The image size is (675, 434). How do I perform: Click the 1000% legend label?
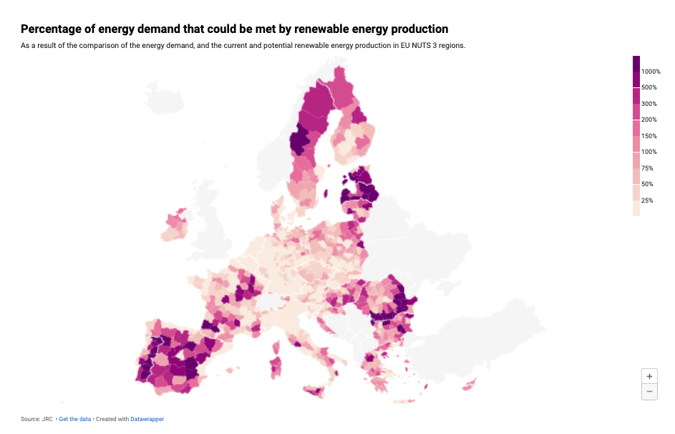(x=651, y=72)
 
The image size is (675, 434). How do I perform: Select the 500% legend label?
(x=649, y=87)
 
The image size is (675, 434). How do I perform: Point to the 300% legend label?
(x=649, y=104)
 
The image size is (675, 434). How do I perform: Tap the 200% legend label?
(x=649, y=120)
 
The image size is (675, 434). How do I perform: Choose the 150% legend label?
(x=649, y=136)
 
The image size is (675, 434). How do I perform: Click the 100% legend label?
(x=649, y=152)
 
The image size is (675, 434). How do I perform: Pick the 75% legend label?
(x=648, y=168)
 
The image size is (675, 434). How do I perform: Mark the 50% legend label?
(x=648, y=184)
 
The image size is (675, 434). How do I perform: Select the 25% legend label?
(x=648, y=201)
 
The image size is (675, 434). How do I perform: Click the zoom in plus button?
(x=649, y=376)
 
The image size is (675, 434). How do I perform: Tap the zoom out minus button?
(x=649, y=392)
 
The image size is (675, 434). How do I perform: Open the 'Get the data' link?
(x=75, y=419)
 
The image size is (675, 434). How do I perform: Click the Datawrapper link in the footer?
(x=147, y=419)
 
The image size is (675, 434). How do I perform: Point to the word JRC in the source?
(x=47, y=419)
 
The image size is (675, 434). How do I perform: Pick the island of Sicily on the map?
(x=316, y=391)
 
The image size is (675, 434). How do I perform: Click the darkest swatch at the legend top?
(x=636, y=63)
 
